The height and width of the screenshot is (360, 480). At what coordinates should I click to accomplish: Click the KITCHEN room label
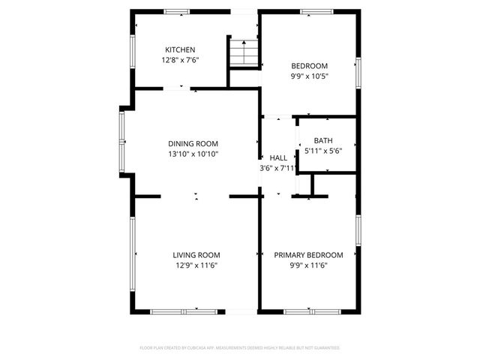click(x=180, y=49)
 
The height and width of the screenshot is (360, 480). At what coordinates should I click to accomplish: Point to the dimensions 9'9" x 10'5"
click(x=308, y=76)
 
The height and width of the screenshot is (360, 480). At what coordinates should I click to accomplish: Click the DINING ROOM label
click(x=193, y=144)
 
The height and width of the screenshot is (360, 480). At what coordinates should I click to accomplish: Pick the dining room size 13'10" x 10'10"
click(x=193, y=154)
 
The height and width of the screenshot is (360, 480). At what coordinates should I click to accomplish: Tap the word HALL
click(x=277, y=158)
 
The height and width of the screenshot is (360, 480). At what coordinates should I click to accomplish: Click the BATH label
click(x=323, y=140)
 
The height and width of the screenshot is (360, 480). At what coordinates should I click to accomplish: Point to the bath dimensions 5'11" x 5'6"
click(x=323, y=150)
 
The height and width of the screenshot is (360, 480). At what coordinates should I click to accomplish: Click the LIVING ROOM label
click(x=196, y=255)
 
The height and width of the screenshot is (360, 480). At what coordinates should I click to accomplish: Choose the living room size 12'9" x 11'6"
click(x=196, y=265)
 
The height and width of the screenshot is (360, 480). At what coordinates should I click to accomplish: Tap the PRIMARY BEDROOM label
click(x=308, y=255)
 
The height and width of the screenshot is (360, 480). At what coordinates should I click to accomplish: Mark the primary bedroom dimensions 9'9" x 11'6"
click(x=308, y=265)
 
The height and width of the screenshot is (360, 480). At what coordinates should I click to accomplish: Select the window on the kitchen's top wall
click(x=177, y=11)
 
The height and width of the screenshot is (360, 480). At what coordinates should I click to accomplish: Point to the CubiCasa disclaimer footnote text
click(x=240, y=348)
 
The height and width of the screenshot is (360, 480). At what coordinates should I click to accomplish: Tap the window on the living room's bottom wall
click(x=184, y=310)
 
